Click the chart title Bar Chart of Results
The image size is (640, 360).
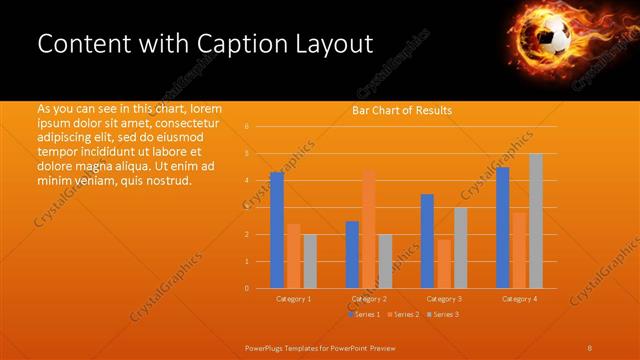click(402, 110)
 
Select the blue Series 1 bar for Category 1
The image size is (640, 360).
click(277, 230)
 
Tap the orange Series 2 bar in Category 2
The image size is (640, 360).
click(369, 229)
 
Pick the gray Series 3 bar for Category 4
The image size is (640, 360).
click(536, 221)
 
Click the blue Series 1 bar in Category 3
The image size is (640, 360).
click(427, 241)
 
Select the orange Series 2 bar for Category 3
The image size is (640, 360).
click(444, 264)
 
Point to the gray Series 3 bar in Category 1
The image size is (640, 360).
click(310, 261)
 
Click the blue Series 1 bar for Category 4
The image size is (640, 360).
click(503, 228)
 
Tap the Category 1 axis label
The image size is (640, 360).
click(294, 299)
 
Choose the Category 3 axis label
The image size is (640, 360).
click(444, 299)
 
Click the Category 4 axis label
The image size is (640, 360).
click(520, 299)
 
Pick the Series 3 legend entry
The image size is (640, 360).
click(442, 314)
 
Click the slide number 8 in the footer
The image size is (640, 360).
click(589, 347)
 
